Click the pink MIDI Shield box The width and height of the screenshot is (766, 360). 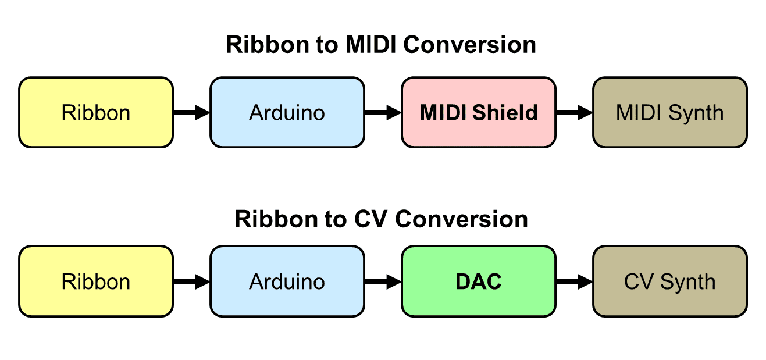click(478, 112)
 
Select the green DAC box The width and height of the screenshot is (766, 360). click(478, 281)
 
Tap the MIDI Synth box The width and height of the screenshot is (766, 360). click(669, 112)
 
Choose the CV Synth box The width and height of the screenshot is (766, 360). click(669, 281)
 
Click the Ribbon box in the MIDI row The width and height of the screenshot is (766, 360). click(96, 112)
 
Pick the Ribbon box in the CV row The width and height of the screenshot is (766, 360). click(96, 281)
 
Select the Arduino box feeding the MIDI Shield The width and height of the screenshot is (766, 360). click(287, 112)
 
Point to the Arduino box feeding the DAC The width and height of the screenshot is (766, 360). click(287, 281)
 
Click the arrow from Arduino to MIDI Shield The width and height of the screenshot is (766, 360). click(383, 112)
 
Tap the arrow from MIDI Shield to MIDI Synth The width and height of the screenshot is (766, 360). click(574, 112)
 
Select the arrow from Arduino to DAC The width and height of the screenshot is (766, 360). click(383, 281)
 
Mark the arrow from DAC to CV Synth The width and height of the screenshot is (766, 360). click(574, 281)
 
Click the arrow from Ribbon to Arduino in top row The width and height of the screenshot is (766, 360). click(191, 112)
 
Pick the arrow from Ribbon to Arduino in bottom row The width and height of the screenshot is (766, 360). click(191, 281)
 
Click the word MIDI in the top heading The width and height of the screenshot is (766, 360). click(371, 45)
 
